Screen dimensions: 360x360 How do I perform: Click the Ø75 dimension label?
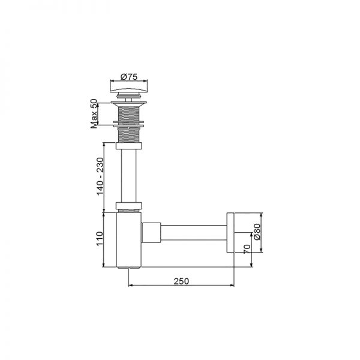click(x=129, y=76)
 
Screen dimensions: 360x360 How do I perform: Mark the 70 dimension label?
click(x=246, y=249)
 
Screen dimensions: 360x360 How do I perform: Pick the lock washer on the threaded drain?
click(x=129, y=125)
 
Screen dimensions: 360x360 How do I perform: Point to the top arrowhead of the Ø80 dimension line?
click(x=262, y=214)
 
